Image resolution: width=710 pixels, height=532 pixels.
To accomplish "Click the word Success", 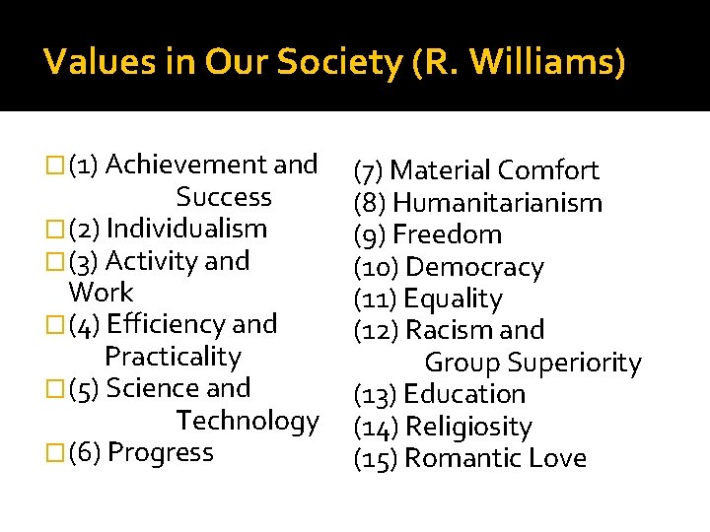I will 224,197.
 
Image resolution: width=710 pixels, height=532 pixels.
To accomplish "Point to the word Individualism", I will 186,229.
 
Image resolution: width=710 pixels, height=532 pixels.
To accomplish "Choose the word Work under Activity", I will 101,293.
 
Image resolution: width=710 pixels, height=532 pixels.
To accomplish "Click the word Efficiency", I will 165,324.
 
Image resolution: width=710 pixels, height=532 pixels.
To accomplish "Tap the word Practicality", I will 173,357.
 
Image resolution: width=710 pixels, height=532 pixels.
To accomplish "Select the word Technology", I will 248,421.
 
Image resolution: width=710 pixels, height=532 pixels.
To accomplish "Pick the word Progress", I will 161,452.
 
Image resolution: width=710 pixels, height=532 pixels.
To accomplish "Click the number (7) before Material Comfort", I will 370,170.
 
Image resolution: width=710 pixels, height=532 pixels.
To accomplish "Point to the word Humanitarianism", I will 497,203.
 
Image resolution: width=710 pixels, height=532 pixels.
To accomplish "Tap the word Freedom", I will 447,234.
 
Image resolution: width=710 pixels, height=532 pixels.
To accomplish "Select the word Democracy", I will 474,267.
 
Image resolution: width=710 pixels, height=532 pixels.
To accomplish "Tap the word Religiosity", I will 468,427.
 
